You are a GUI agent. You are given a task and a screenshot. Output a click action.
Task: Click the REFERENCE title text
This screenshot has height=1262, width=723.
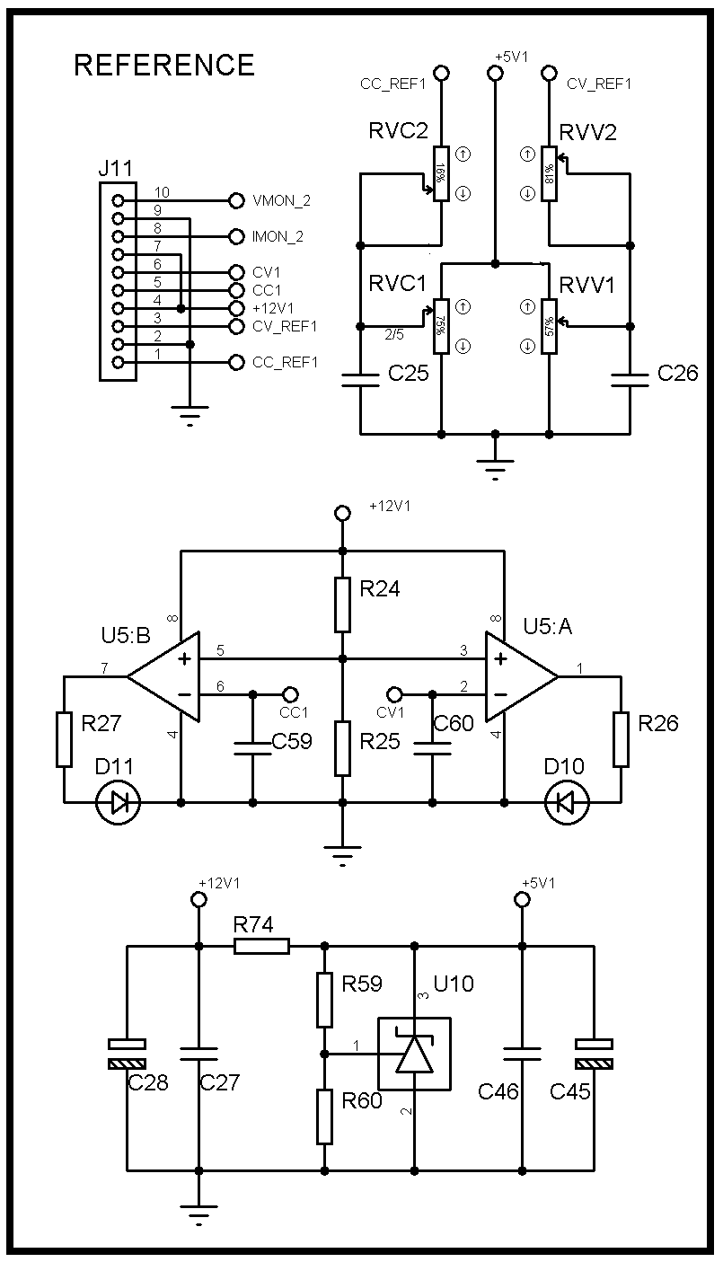coord(164,66)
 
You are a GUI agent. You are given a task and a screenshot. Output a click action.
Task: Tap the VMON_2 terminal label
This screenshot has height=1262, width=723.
coord(282,201)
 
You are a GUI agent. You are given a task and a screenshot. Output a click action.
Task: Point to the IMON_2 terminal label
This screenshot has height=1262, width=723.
coord(278,237)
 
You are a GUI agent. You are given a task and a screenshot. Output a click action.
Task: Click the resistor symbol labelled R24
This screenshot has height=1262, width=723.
coord(341,605)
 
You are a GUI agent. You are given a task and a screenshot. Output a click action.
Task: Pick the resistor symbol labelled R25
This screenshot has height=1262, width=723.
coord(341,747)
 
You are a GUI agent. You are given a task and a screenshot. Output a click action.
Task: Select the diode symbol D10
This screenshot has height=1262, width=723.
coord(567,802)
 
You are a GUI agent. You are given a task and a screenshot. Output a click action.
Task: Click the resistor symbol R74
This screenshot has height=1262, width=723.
coord(261,946)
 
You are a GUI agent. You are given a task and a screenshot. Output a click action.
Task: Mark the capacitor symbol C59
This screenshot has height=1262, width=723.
coord(252,748)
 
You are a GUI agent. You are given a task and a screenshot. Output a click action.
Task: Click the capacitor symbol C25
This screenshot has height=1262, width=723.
coord(360,381)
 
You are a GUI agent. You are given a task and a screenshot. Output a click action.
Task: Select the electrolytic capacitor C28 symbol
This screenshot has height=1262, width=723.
coord(127,1054)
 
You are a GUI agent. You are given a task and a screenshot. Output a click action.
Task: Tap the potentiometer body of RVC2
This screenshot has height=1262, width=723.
coord(441,173)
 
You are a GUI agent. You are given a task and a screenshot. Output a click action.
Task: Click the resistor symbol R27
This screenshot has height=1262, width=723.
coord(64,739)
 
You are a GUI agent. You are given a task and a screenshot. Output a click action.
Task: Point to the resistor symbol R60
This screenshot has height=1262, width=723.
coord(324,1116)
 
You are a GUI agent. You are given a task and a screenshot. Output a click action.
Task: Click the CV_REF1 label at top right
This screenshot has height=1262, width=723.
coord(599,84)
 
